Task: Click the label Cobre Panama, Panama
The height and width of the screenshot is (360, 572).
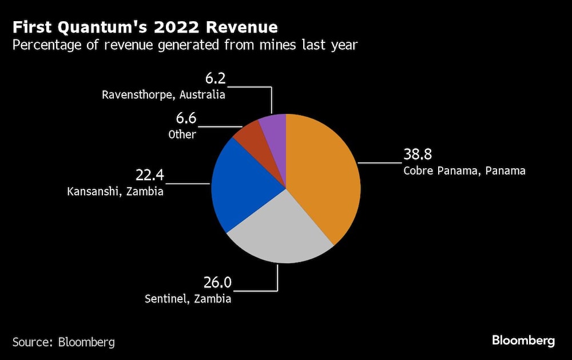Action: pos(464,171)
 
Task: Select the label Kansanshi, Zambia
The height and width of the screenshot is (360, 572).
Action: pos(116,191)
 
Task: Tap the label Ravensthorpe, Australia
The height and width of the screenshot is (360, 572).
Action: pos(164,94)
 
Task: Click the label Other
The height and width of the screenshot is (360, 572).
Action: pos(182,134)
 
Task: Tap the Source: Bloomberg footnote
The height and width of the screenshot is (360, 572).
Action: pos(63,342)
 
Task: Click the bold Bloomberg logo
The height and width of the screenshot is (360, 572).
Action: pos(523,341)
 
